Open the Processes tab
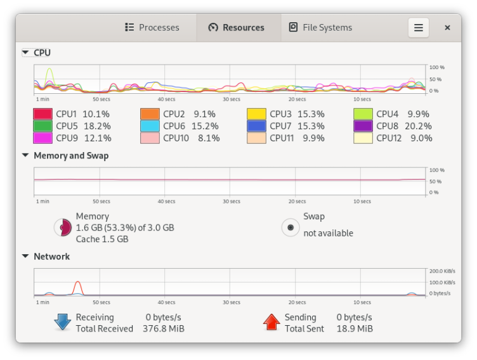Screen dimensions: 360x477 [x=152, y=27]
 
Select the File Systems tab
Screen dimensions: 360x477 [x=320, y=27]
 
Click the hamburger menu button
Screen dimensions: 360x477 [x=418, y=27]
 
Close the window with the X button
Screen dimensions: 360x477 [x=447, y=27]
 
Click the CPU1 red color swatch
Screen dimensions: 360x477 [x=42, y=114]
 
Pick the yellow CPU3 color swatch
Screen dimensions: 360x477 [x=256, y=114]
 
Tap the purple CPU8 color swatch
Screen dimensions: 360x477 [x=363, y=126]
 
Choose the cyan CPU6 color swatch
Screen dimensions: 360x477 [x=150, y=126]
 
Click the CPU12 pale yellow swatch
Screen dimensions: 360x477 [x=363, y=138]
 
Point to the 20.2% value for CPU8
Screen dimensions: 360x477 [x=419, y=126]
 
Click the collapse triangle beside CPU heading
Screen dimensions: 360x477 [x=25, y=53]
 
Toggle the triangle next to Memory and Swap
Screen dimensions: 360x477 [x=25, y=155]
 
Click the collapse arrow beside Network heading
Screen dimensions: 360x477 [x=25, y=257]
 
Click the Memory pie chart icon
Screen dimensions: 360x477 [x=62, y=228]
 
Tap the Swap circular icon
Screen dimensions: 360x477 [x=291, y=228]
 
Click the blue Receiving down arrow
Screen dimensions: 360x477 [x=62, y=322]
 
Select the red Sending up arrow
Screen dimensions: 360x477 [x=271, y=322]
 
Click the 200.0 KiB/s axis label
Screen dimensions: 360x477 [x=442, y=271]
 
